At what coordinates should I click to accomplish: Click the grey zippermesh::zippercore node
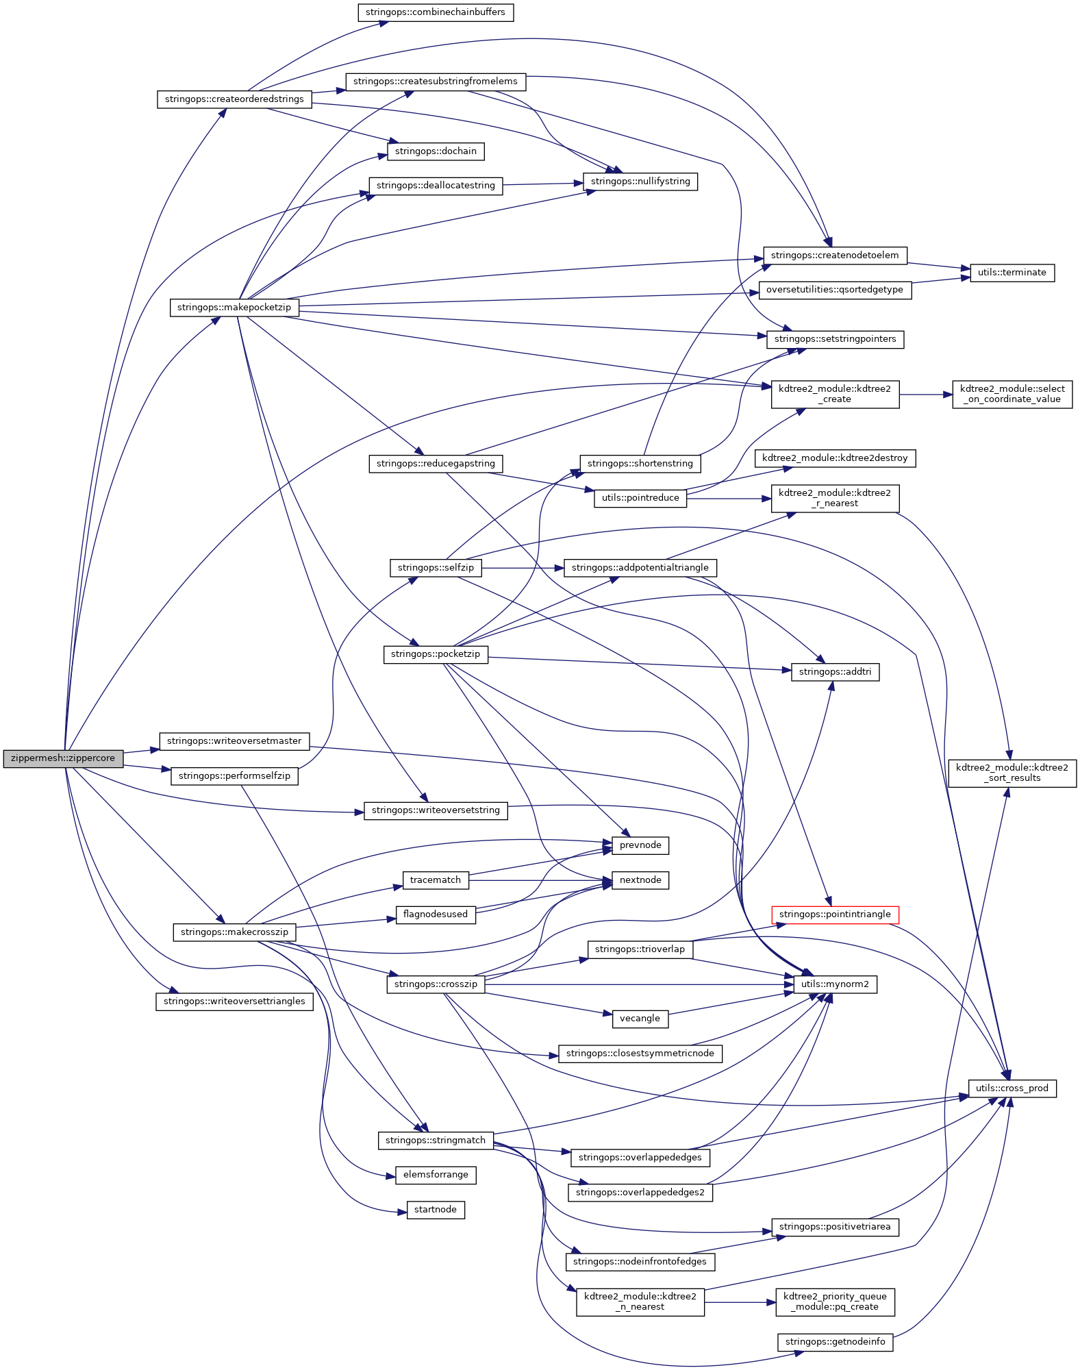63,758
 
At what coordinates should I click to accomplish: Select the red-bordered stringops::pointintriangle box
835,914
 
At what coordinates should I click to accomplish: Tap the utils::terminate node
1012,273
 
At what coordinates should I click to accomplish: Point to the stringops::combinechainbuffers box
435,12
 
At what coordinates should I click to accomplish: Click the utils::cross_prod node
1012,1088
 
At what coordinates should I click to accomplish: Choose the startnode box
435,1210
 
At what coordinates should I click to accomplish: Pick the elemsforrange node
435,1175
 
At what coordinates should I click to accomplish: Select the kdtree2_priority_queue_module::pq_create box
835,1301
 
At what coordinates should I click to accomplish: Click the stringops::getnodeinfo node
835,1342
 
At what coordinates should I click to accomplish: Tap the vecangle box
640,1019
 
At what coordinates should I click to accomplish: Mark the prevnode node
640,845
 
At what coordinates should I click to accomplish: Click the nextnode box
640,880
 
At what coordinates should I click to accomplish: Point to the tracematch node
435,880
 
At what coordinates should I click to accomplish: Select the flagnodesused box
435,914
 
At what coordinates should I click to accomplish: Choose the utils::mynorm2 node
835,984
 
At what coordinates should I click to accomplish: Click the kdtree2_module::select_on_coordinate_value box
1012,395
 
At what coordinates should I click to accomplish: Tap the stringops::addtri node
835,672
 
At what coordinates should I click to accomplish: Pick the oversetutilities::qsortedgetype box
834,290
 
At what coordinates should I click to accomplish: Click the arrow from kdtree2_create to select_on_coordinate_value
925,395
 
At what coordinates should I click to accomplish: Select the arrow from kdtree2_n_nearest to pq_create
740,1301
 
